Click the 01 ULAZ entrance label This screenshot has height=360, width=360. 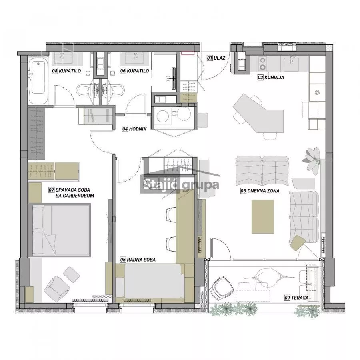[216, 58]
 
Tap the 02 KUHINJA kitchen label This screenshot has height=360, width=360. [271, 77]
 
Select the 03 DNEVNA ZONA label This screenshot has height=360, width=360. [260, 190]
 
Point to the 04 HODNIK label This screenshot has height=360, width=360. [134, 129]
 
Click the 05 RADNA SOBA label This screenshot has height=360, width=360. [138, 260]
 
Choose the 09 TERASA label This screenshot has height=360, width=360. [296, 298]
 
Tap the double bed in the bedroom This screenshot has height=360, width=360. [60, 230]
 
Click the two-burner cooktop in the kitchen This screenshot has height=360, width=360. [263, 64]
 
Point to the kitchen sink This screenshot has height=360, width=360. [291, 64]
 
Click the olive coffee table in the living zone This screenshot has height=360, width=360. [263, 216]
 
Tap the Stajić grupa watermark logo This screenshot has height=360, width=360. [180, 184]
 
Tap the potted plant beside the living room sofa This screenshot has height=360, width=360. [312, 160]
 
